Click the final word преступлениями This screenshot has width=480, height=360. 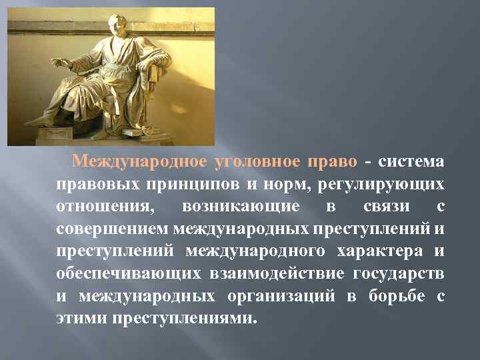tap(184, 319)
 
